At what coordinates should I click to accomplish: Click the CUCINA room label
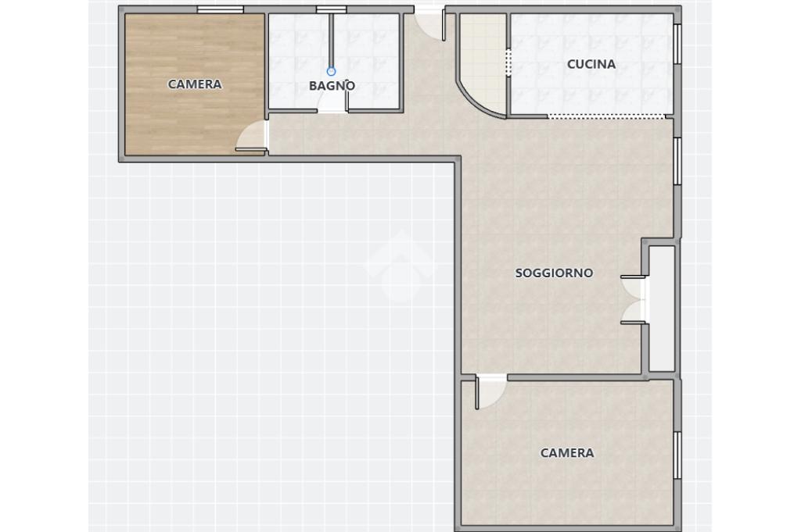tap(591, 64)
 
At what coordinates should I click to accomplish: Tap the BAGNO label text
tap(332, 86)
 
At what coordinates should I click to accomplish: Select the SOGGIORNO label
tap(555, 273)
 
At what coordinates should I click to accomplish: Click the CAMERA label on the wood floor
tap(195, 84)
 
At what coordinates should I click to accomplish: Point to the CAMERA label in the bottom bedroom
tap(567, 453)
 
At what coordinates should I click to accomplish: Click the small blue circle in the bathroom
tap(331, 71)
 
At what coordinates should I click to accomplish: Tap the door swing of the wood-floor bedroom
tap(252, 137)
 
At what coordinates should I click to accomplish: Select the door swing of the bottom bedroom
tap(490, 392)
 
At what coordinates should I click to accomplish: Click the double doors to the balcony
tap(634, 300)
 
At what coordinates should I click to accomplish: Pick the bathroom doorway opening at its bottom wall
tap(332, 110)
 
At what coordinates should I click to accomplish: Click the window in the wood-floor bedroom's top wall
tap(220, 9)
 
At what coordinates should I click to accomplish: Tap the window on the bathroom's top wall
tap(331, 9)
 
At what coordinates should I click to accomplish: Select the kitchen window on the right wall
tap(677, 44)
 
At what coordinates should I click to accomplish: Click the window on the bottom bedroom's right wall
tap(677, 455)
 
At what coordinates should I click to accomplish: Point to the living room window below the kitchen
tap(677, 161)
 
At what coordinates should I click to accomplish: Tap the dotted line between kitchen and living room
tap(607, 117)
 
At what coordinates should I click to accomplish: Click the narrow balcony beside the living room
tap(662, 309)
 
